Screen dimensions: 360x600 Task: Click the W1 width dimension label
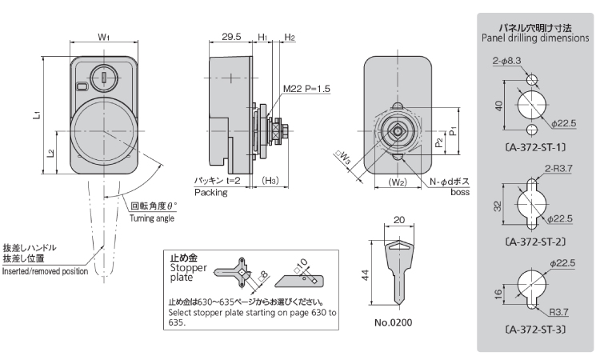pos(103,36)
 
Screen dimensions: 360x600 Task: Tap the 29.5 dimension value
pos(231,36)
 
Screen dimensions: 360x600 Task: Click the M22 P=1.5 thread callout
pos(306,88)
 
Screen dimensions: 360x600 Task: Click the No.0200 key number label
pos(398,326)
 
